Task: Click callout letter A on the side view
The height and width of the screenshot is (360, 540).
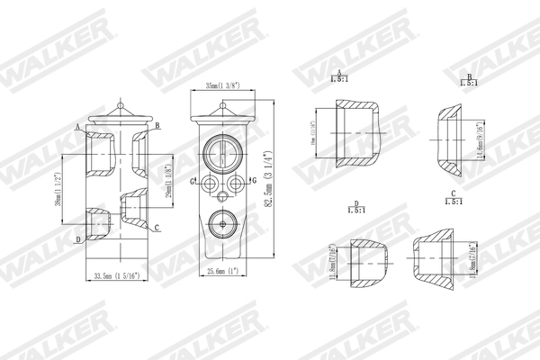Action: (78, 126)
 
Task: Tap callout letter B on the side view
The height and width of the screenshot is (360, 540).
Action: (157, 126)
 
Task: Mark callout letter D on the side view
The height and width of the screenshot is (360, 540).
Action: (78, 239)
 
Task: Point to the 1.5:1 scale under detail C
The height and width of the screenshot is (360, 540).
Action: (454, 202)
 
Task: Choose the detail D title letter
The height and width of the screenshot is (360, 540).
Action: (356, 204)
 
